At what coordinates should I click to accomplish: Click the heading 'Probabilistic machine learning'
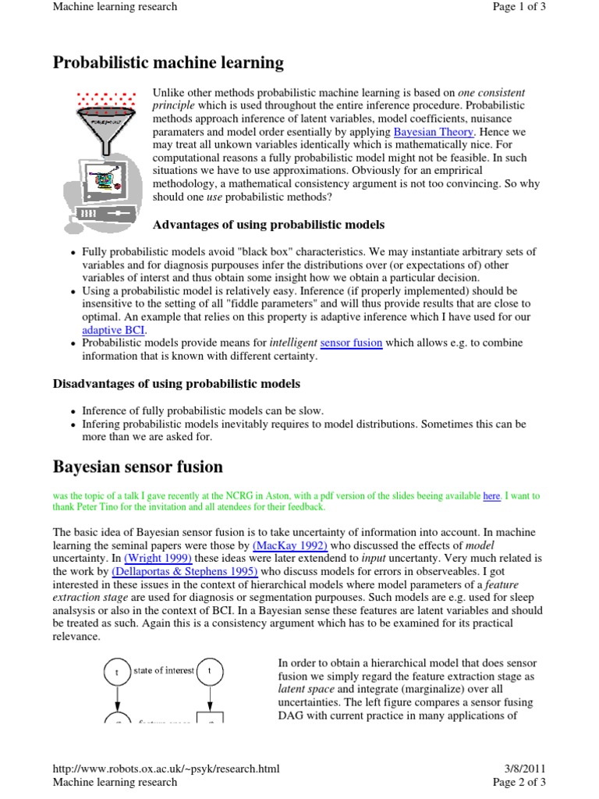point(168,63)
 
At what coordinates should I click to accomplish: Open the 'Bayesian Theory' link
point(433,132)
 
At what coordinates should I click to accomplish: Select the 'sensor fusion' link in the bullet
point(351,343)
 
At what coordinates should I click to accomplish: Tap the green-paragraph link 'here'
point(491,495)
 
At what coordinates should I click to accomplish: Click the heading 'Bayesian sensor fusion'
point(137,467)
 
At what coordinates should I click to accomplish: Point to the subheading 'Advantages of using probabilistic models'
point(268,225)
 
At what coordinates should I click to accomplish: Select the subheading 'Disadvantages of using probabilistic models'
point(176,384)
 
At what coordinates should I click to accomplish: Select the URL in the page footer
point(165,769)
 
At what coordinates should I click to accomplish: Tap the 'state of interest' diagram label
point(163,671)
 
